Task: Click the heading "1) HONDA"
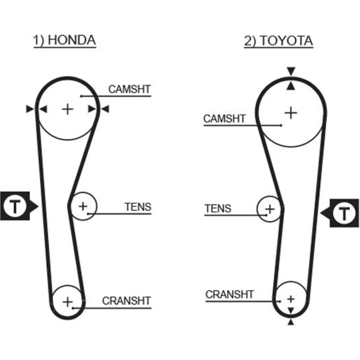[x=65, y=41]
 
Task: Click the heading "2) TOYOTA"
[x=279, y=41]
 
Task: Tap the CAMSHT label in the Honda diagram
[x=129, y=89]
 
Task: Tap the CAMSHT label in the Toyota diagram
[x=224, y=118]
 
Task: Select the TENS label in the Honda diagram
[x=138, y=207]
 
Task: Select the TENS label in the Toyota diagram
[x=218, y=208]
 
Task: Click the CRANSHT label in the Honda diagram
[x=126, y=300]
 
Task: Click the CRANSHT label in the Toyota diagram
[x=230, y=294]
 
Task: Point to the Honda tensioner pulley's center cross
[x=83, y=206]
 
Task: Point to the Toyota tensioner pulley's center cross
[x=270, y=208]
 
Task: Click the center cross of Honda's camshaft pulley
[x=67, y=109]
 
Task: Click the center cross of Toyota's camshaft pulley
[x=291, y=113]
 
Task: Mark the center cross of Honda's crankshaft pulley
[x=67, y=301]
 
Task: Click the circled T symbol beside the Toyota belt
[x=345, y=214]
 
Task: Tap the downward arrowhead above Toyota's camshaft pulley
[x=291, y=71]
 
